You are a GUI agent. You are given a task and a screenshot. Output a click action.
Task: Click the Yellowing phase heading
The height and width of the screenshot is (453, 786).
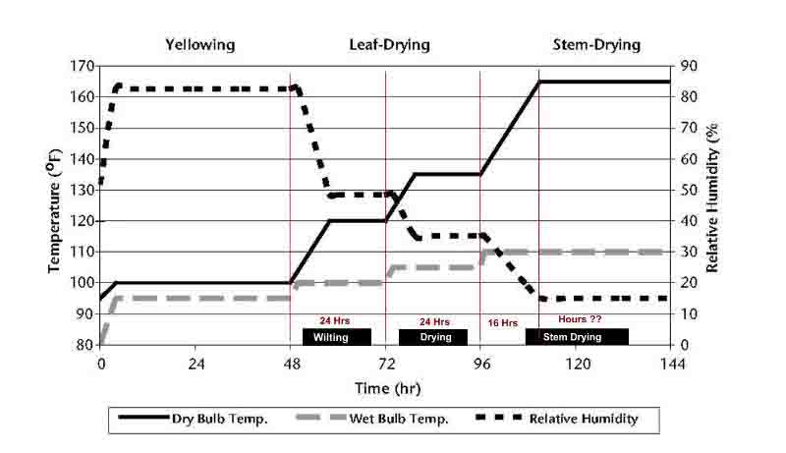199,45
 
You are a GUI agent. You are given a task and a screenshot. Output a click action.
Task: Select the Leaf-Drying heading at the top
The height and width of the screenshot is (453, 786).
389,45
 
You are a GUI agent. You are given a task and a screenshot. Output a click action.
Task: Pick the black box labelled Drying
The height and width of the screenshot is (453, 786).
433,337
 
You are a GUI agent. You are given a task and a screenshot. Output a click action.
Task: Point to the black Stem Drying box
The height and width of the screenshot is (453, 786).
577,337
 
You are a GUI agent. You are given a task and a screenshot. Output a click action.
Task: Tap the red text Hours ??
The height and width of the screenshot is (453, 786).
579,320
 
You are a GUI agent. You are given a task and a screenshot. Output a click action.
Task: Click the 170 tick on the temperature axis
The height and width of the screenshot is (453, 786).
83,67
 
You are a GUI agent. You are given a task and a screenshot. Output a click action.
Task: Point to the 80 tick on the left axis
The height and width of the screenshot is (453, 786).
86,345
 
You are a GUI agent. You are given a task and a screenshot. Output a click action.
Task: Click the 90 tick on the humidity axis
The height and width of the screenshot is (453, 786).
688,67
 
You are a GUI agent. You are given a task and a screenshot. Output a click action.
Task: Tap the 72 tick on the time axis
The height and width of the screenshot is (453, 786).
385,363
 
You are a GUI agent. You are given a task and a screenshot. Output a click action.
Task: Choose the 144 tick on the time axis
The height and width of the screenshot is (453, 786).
671,363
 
